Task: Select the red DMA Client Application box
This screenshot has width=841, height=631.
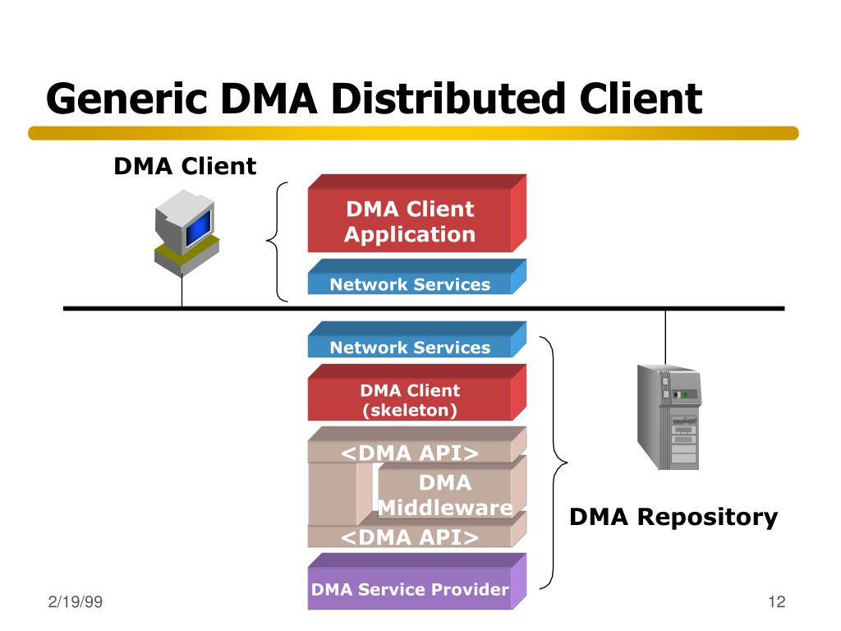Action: click(410, 222)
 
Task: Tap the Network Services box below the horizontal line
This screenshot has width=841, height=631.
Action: click(410, 347)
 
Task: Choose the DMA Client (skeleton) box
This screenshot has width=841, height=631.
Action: click(410, 400)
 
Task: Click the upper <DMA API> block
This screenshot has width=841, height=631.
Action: click(410, 453)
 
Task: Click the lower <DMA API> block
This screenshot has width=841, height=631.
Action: click(410, 537)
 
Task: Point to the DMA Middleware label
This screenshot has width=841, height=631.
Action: click(445, 495)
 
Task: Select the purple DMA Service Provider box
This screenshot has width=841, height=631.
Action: click(410, 589)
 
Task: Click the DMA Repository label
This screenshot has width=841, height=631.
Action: click(673, 517)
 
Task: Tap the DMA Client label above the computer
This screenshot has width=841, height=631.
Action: click(185, 167)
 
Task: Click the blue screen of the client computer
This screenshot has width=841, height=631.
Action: click(198, 227)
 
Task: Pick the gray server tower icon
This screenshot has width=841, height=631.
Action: click(668, 416)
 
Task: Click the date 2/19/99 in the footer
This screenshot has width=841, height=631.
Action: click(75, 602)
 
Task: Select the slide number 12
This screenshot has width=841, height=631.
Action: click(777, 602)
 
